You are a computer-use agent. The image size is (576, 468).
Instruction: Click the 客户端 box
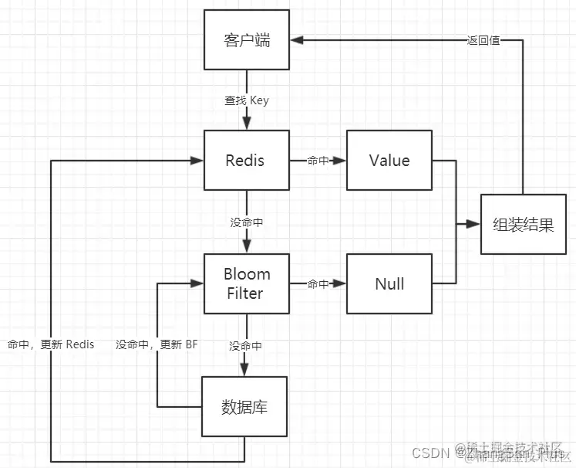click(x=247, y=40)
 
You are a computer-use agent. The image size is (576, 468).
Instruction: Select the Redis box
click(x=246, y=161)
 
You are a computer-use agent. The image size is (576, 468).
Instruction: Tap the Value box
click(x=389, y=161)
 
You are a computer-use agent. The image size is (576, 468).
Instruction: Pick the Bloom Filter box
click(x=246, y=283)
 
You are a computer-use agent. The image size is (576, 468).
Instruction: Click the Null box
click(x=389, y=283)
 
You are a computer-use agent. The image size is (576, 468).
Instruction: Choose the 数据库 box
click(x=244, y=406)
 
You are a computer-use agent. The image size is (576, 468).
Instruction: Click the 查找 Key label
click(x=247, y=100)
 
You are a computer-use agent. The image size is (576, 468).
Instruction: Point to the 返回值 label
click(x=483, y=40)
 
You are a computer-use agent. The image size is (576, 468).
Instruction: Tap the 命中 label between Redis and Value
click(x=318, y=161)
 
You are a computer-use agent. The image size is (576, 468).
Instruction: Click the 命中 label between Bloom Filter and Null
click(x=318, y=284)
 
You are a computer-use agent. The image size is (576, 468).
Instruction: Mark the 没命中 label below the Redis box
click(x=247, y=222)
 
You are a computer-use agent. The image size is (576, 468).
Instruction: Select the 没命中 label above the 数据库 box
click(x=247, y=346)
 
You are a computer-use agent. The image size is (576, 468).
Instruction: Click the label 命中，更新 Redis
click(x=51, y=344)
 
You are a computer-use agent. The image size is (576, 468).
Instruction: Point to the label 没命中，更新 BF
click(x=157, y=344)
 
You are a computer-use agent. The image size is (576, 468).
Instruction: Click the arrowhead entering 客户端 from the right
click(x=296, y=40)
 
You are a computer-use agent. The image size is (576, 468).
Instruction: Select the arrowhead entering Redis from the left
click(x=198, y=161)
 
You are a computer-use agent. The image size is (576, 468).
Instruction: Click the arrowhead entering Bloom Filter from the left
click(x=198, y=284)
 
